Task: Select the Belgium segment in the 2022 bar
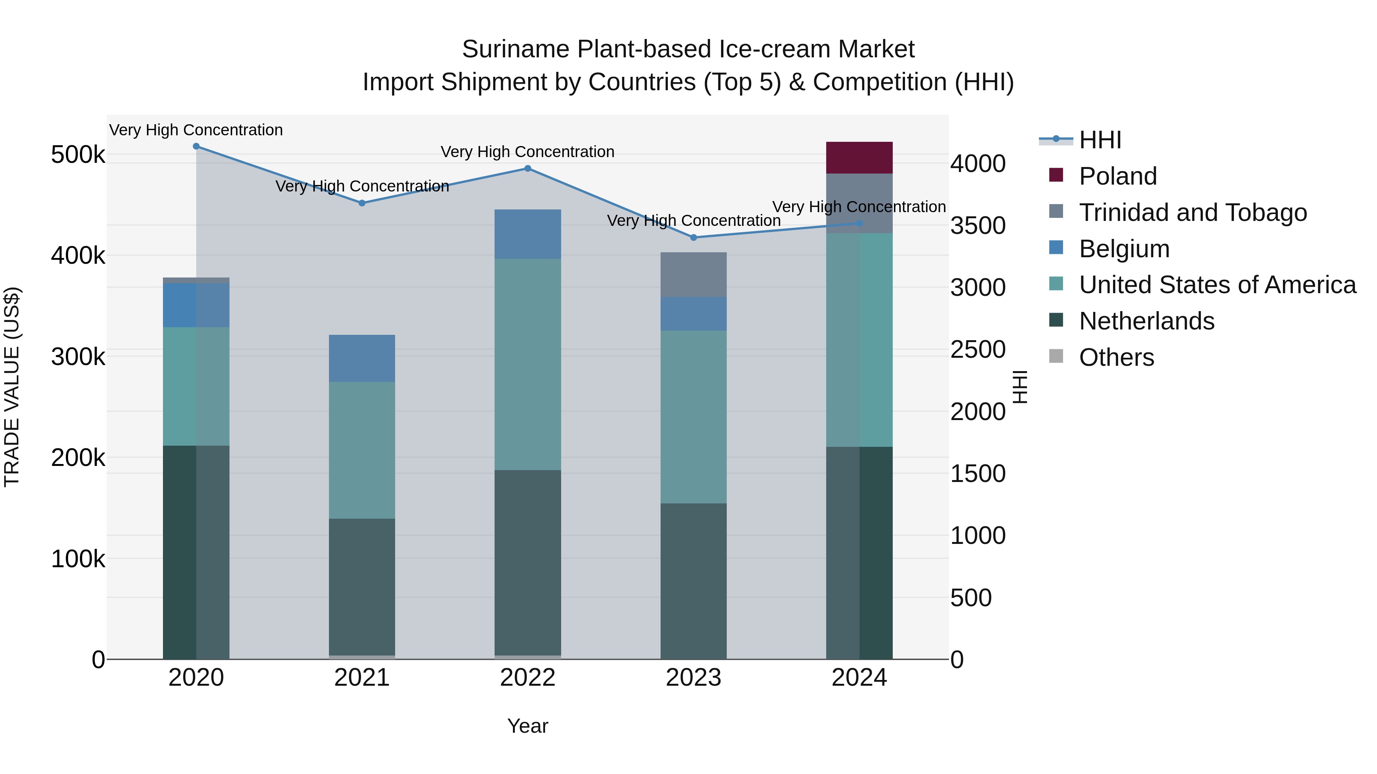point(527,234)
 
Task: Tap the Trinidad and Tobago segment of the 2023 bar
point(693,274)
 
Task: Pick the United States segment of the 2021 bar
point(362,450)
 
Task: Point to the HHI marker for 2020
point(196,146)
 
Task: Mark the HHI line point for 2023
point(693,237)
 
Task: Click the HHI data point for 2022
point(527,168)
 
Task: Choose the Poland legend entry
point(1117,176)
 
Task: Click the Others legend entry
point(1116,357)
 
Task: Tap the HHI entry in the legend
point(1100,140)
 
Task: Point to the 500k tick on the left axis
point(78,155)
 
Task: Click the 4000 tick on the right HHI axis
point(978,164)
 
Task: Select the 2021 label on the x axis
point(362,678)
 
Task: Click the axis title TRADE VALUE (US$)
point(12,387)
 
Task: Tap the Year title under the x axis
point(527,726)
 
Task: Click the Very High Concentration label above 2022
point(527,152)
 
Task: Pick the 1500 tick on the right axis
point(978,473)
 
